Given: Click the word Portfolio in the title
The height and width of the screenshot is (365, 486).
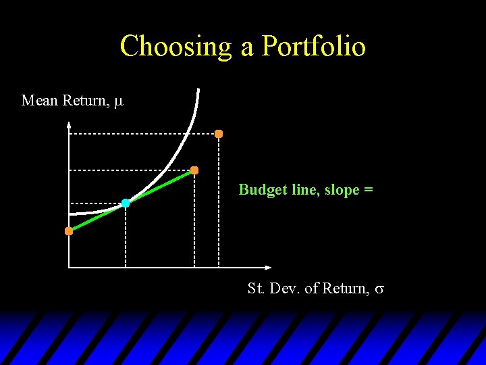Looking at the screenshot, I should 314,47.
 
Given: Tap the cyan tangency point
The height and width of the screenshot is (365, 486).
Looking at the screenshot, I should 126,203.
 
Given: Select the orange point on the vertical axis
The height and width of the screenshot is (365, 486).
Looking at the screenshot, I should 69,231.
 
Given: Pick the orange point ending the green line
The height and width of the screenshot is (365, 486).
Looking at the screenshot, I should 194,170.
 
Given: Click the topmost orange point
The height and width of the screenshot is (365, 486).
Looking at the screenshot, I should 219,134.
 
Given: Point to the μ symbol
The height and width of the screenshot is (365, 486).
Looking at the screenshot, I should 119,101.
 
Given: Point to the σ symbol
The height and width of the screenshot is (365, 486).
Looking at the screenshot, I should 379,289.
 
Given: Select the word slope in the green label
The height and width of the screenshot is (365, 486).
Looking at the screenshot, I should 342,190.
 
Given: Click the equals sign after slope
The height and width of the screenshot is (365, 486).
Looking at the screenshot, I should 369,191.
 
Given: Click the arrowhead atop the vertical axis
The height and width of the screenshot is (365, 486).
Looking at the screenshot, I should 69,125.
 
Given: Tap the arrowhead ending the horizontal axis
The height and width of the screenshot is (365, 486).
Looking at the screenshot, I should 267,268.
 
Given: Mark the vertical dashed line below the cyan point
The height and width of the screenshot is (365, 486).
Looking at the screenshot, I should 126,237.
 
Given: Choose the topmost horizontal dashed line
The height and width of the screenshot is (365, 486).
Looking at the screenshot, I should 142,135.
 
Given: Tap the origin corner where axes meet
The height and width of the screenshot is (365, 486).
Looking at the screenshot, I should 69,268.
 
